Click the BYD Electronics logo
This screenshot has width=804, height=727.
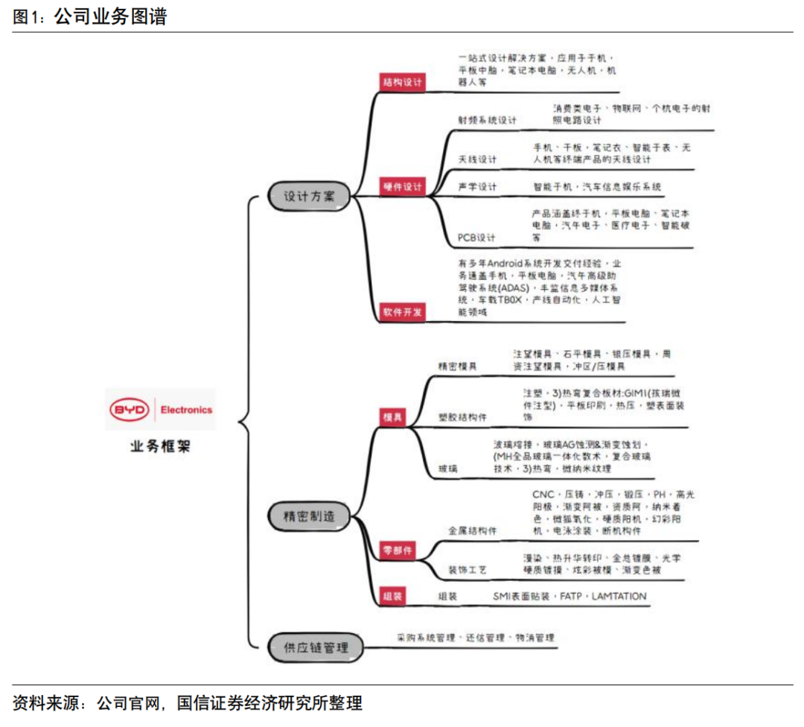(x=161, y=410)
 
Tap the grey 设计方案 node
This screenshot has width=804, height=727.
(x=309, y=197)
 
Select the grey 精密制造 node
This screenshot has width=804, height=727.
(x=309, y=515)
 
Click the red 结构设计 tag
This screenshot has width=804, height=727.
(x=402, y=82)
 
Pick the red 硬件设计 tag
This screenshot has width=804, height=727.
(x=402, y=187)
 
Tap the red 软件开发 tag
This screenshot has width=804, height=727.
(x=402, y=311)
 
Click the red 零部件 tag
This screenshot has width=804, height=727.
(x=397, y=550)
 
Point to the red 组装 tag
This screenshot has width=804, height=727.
(x=392, y=596)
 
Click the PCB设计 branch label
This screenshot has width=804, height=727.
(x=476, y=238)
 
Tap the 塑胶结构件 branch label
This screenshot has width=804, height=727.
(x=462, y=417)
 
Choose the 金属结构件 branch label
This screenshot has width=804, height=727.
(x=472, y=530)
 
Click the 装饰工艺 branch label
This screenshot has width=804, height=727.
(x=467, y=570)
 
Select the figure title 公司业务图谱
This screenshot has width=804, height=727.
(x=110, y=16)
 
